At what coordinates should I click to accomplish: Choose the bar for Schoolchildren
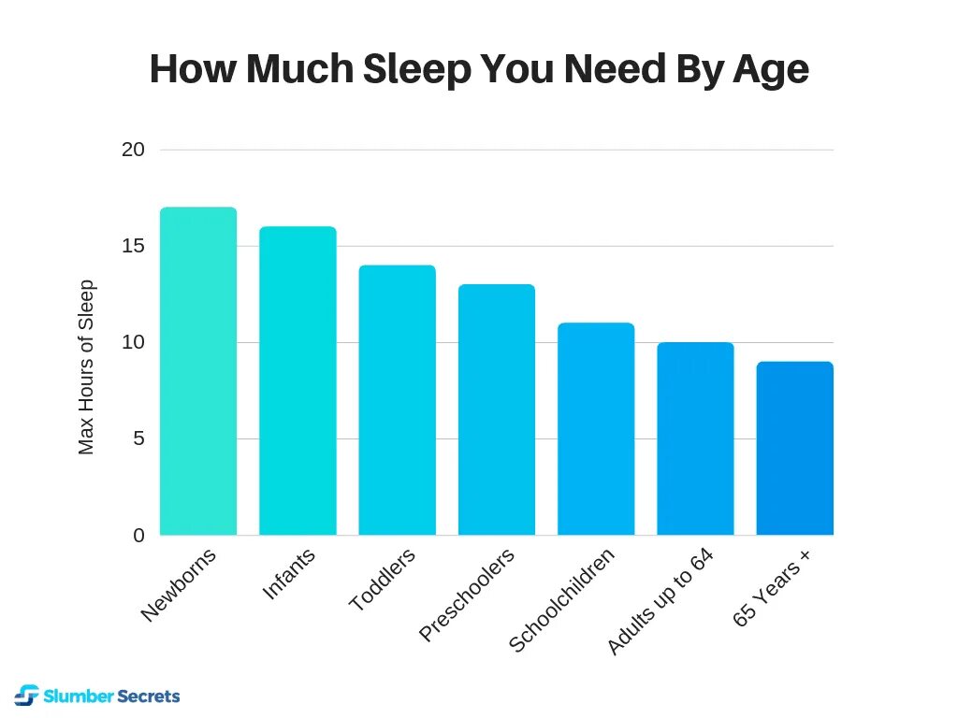coord(596,429)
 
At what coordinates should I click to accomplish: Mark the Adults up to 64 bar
coord(695,438)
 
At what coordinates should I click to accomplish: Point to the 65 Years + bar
coord(794,448)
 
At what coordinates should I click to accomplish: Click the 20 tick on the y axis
coord(134,150)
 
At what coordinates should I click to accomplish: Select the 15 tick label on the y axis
coord(134,246)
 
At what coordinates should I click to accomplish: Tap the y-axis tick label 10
coord(134,342)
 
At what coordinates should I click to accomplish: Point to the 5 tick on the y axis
coord(139,438)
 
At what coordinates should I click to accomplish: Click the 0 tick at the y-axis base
coord(139,536)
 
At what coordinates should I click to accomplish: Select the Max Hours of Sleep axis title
coord(86,367)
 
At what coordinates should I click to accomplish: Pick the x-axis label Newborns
coord(179,585)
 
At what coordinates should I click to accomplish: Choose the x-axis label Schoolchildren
coord(562,600)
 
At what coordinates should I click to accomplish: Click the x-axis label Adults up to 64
coord(660,602)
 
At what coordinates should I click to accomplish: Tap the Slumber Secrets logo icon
coord(27,696)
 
